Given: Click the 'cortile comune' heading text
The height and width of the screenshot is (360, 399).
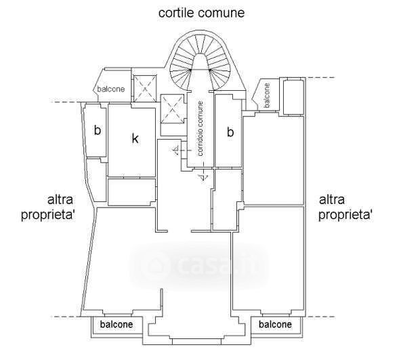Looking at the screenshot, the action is pyautogui.click(x=201, y=13).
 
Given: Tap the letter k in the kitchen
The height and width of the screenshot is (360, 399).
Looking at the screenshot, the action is pyautogui.click(x=135, y=139).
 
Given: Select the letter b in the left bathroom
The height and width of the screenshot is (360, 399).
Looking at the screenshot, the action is pyautogui.click(x=98, y=130).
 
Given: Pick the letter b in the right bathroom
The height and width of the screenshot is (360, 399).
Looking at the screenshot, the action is pyautogui.click(x=230, y=132).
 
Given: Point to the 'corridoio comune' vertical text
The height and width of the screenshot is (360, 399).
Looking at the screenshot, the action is pyautogui.click(x=201, y=129).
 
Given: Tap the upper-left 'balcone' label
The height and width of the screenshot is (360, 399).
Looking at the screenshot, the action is pyautogui.click(x=111, y=89).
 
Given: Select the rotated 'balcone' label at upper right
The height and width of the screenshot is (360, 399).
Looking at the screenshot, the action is pyautogui.click(x=267, y=95).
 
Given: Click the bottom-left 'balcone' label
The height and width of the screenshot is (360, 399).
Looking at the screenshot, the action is pyautogui.click(x=117, y=324).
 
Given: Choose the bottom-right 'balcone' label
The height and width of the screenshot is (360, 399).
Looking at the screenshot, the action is pyautogui.click(x=275, y=324).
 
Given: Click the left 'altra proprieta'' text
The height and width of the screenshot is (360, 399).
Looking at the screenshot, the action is pyautogui.click(x=47, y=207).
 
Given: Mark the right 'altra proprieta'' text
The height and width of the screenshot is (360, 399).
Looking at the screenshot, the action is pyautogui.click(x=345, y=207).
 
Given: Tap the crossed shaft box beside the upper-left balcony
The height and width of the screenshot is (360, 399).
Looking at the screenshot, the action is pyautogui.click(x=145, y=89).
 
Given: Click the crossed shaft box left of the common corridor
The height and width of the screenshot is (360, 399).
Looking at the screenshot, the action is pyautogui.click(x=172, y=109).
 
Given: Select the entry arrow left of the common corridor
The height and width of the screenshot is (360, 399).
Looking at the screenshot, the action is pyautogui.click(x=181, y=151).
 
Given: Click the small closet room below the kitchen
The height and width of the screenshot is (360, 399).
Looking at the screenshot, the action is pyautogui.click(x=131, y=192).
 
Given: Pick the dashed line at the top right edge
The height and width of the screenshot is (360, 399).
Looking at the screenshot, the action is pyautogui.click(x=320, y=77).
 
